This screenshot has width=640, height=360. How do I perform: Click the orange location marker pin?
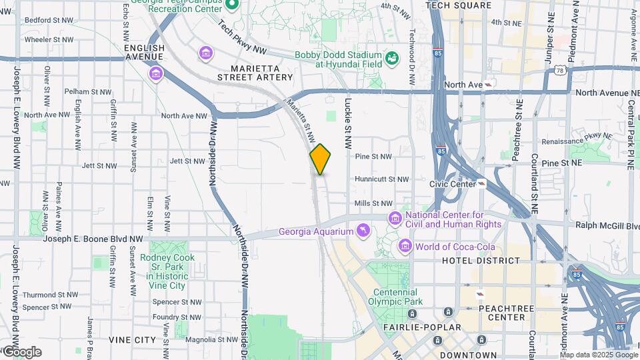320,159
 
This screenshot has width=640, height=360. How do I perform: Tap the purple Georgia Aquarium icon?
363,231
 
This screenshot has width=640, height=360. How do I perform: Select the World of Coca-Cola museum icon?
405,247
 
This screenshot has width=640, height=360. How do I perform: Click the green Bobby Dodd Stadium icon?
392,59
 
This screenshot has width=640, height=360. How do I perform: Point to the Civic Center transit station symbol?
481,183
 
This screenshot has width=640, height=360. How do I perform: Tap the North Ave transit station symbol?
490,85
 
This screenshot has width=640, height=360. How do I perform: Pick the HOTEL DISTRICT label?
481,261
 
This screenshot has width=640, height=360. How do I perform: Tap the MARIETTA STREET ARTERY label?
255,73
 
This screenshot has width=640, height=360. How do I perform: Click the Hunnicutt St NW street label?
381,179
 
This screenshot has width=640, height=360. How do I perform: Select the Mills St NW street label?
373,203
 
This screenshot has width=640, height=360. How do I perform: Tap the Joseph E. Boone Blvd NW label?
93,238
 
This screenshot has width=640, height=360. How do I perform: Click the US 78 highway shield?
560,69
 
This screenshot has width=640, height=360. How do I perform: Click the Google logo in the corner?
21,352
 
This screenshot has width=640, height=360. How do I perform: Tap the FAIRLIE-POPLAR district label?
421,327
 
